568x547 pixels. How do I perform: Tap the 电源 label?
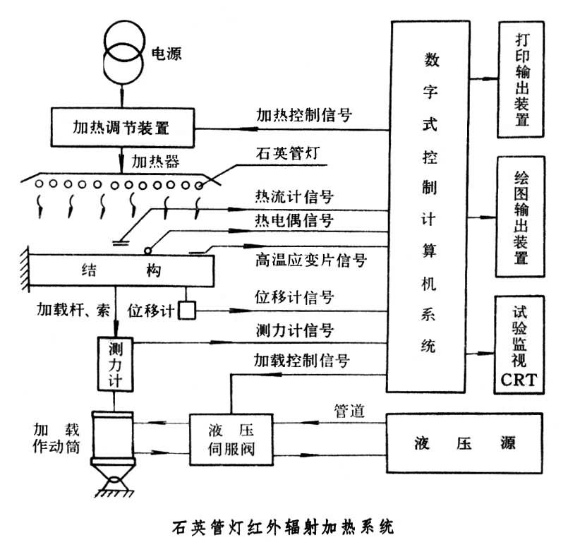pyautogui.click(x=166, y=54)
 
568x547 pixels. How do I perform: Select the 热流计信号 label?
pyautogui.click(x=294, y=196)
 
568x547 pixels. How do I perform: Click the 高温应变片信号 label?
pyautogui.click(x=310, y=260)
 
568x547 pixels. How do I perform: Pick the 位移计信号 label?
pyautogui.click(x=294, y=297)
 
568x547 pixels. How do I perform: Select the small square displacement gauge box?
pyautogui.click(x=187, y=310)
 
